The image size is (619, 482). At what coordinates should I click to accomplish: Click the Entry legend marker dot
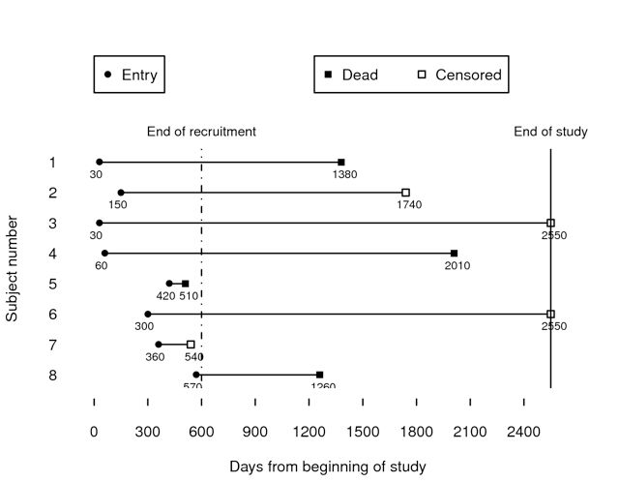[x=107, y=75]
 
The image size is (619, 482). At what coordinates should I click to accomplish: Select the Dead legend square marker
[x=329, y=75]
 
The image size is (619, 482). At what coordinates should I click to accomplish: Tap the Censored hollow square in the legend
[x=421, y=75]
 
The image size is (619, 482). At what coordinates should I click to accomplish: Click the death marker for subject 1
[x=341, y=163]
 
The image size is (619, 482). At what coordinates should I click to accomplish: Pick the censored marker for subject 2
[x=406, y=193]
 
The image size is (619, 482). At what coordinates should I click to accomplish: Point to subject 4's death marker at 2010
[x=454, y=254]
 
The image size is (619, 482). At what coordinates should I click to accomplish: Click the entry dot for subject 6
[x=148, y=314]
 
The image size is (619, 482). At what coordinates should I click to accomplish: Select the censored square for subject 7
[x=191, y=345]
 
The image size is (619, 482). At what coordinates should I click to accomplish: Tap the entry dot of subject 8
[x=196, y=375]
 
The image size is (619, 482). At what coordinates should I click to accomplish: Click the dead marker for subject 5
[x=186, y=284]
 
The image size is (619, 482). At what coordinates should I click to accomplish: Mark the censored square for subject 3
[x=550, y=223]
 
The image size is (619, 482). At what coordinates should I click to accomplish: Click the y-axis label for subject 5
[x=52, y=284]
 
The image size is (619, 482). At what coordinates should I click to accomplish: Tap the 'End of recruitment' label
[x=201, y=132]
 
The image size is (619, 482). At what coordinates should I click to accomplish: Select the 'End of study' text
[x=550, y=132]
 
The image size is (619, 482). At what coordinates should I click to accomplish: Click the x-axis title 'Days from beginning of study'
[x=327, y=467]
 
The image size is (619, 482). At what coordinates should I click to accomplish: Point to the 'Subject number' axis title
[x=13, y=269]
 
